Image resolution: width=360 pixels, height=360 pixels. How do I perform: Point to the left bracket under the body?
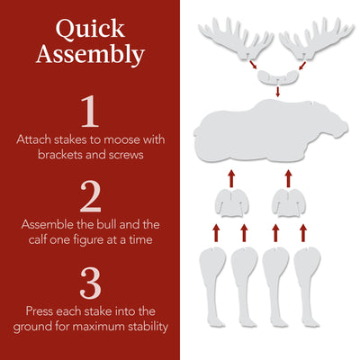230,203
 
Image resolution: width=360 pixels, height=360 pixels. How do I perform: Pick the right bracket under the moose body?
291,203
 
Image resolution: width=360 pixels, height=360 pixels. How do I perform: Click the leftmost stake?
213,279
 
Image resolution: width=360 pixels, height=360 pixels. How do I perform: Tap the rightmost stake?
309,279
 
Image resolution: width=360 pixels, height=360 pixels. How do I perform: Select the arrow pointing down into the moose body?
277,92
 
